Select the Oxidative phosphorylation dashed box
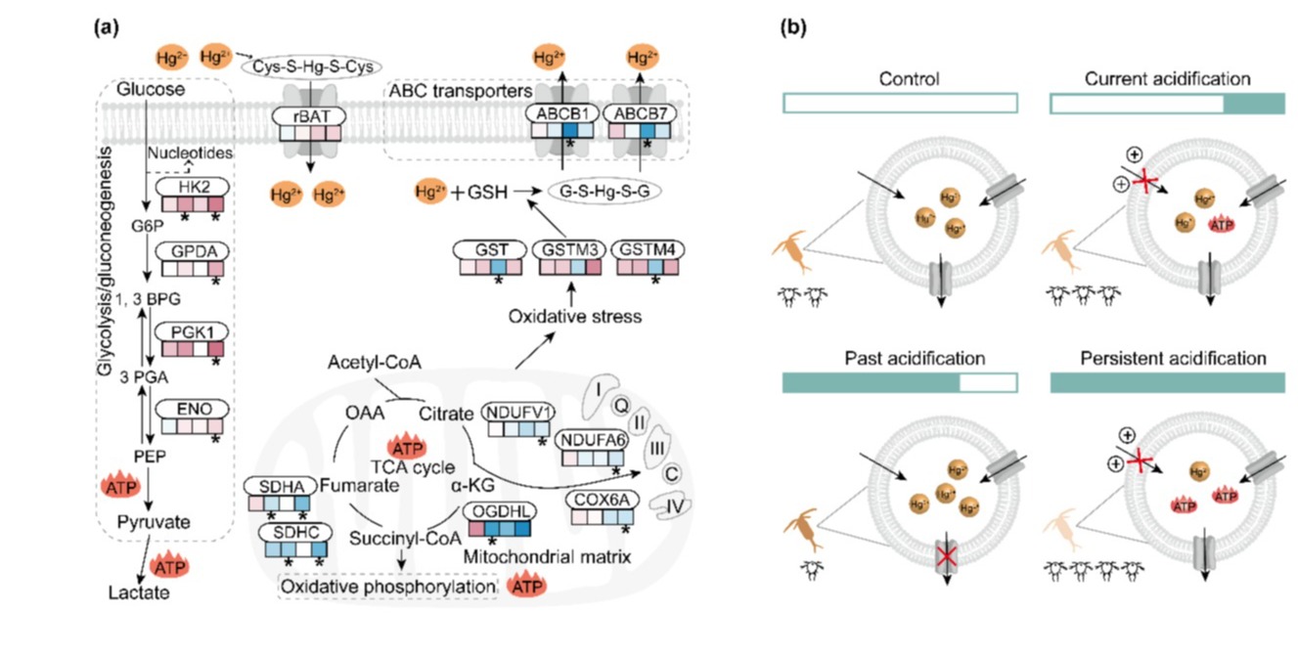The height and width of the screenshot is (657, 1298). click(387, 585)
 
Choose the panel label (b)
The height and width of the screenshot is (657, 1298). click(792, 28)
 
